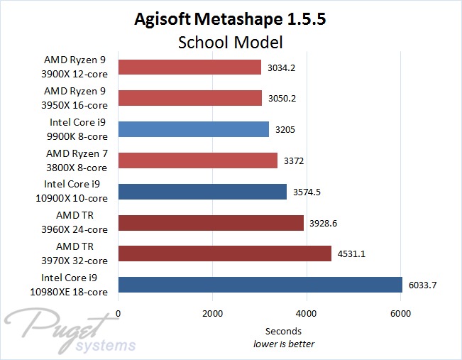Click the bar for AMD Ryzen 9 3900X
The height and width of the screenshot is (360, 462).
coord(189,67)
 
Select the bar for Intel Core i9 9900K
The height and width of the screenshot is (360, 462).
coord(194,129)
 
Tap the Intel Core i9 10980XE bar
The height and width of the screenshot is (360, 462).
coord(260,285)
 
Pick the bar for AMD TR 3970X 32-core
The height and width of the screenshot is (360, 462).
coord(224,253)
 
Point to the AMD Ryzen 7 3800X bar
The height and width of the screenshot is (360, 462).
coord(197,160)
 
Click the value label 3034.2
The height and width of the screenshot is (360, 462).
coord(282,68)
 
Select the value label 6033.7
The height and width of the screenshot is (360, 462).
coord(424,285)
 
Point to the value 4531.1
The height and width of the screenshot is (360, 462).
coord(353,254)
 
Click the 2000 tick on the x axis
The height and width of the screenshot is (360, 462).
coord(212,312)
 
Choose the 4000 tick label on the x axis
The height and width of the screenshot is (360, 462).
coord(307,312)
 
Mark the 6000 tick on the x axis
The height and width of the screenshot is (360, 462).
coord(400,312)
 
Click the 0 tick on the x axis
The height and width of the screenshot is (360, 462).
coord(118,312)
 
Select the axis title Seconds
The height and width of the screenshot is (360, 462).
coord(283,331)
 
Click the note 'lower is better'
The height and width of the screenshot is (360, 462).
coord(284,344)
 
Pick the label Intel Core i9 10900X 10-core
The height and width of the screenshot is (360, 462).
coord(76,191)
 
